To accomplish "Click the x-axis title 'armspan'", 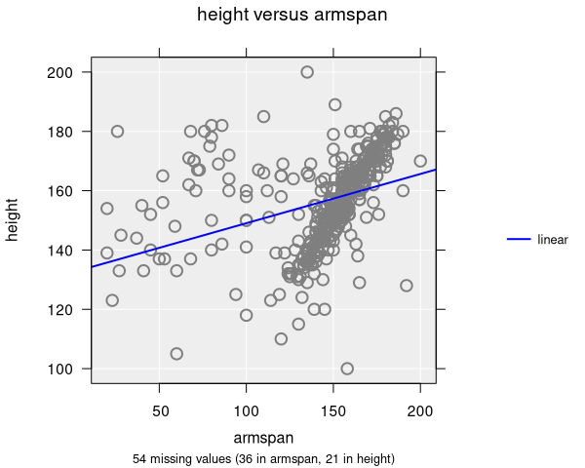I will coord(263,438).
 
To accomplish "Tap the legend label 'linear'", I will coord(553,240).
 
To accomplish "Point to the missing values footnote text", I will coord(263,458).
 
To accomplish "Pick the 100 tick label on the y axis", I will coord(69,369).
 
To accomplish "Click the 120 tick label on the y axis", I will coord(69,309).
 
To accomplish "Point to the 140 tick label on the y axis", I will coord(69,250).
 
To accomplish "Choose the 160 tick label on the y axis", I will coord(69,190).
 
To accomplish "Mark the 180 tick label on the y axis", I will coord(69,131).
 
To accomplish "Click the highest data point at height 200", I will coord(307,72).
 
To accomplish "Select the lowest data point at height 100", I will coord(347,369).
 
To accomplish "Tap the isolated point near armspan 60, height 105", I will coord(176,354).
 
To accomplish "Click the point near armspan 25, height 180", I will coord(117,132).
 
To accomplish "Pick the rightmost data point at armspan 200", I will coord(420,161).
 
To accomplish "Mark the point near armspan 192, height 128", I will coord(407,286).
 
